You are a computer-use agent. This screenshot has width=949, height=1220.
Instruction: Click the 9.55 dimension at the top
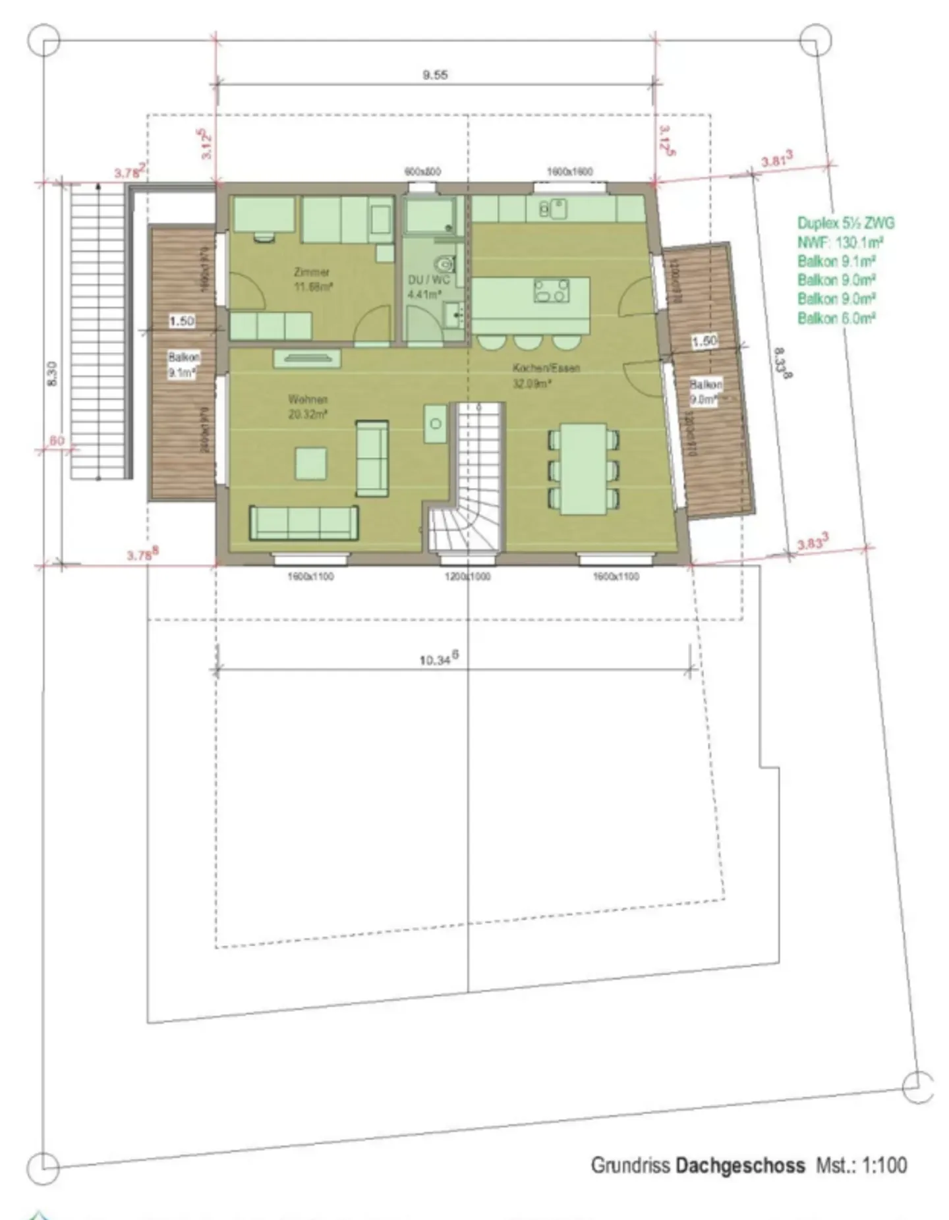click(435, 75)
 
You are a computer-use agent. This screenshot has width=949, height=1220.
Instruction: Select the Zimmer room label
click(312, 271)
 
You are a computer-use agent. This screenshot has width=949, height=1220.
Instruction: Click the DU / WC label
click(428, 280)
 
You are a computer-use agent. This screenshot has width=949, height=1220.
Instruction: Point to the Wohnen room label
click(308, 399)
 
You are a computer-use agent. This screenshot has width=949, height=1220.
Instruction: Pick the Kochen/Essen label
click(546, 368)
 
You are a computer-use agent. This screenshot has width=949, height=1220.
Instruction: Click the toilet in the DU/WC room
click(447, 265)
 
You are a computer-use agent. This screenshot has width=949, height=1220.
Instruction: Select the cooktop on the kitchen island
click(552, 291)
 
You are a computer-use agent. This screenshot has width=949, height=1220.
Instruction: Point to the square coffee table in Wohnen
click(310, 463)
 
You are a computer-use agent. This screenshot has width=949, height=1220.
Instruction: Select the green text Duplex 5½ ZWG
click(846, 223)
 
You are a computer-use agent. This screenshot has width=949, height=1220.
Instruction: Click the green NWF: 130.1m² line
click(840, 242)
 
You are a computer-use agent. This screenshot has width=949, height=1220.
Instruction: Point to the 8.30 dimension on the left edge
click(53, 374)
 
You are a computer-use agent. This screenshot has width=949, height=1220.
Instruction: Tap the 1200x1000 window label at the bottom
click(467, 576)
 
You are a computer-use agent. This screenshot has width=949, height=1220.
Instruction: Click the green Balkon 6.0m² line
click(836, 318)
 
